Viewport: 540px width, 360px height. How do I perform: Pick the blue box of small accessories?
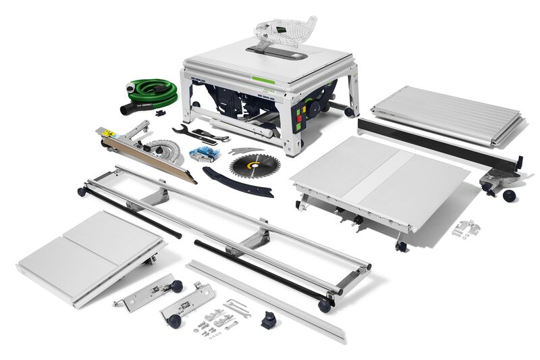(x=203, y=153)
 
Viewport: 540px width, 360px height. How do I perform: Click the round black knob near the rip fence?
(x=508, y=195)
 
